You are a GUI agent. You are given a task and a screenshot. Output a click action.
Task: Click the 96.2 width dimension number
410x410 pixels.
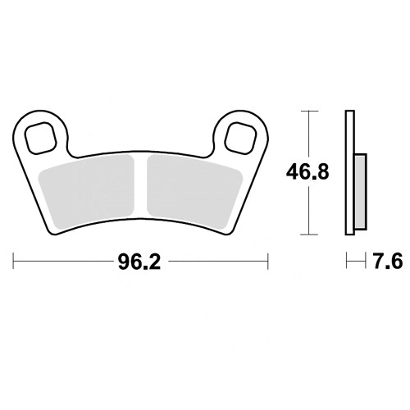(139, 262)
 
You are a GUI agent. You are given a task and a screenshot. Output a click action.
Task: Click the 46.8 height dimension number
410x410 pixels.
(307, 172)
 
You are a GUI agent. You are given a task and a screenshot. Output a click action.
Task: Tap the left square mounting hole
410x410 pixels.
(41, 138)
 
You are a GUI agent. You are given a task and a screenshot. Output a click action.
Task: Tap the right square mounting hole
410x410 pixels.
(240, 138)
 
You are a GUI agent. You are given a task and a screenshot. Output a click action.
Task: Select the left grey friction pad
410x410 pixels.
(87, 192)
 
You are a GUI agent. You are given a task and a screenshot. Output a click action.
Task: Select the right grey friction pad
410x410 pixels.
(194, 192)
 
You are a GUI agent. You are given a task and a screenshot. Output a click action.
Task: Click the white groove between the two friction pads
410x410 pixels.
(141, 185)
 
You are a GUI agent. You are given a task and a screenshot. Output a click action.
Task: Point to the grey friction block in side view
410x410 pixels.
(361, 192)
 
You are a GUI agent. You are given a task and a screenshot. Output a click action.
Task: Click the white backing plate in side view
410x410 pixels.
(350, 172)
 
